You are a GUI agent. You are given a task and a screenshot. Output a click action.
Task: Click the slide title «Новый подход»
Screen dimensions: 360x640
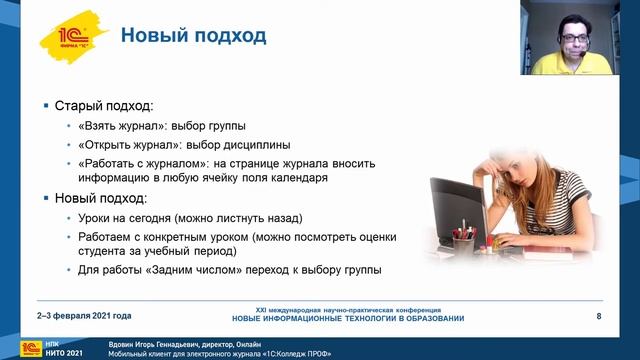click(x=193, y=36)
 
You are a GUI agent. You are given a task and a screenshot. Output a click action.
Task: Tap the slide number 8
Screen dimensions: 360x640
click(x=598, y=317)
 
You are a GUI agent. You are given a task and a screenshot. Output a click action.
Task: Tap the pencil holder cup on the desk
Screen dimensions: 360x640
click(x=461, y=245)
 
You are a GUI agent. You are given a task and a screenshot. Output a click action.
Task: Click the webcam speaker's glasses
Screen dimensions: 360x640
click(x=574, y=38)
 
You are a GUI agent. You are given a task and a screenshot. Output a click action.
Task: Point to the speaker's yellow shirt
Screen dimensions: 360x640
click(x=567, y=65)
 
